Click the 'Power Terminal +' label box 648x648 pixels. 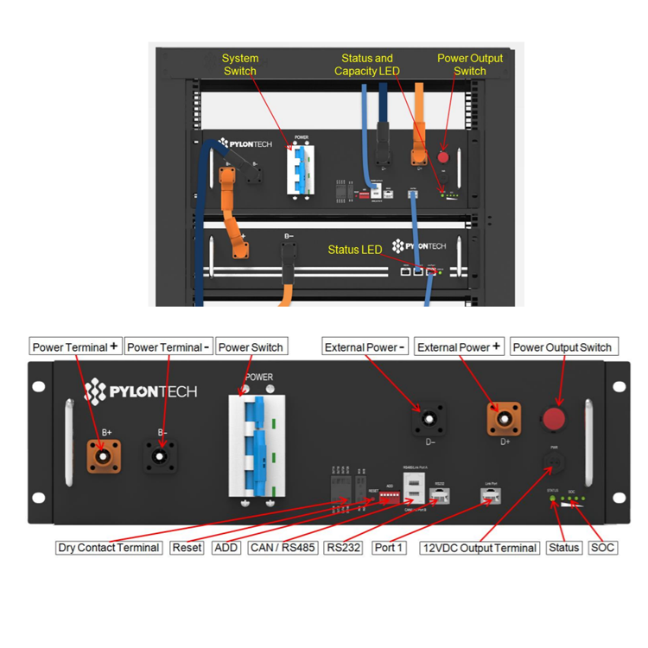75,347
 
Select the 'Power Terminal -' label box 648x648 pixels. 167,347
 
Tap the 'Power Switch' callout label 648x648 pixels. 250,347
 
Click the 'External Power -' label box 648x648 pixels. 365,347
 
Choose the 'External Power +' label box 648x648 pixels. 459,347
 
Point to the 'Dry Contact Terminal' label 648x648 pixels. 109,548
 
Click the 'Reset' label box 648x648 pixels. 187,548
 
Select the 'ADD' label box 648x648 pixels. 226,548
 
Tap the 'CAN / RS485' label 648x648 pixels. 283,548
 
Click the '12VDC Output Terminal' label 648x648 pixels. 480,548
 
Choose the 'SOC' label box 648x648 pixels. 602,548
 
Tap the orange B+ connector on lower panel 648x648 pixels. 103,454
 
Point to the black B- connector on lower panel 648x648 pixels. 159,454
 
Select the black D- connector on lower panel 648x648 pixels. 429,421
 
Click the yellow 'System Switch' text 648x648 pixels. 240,65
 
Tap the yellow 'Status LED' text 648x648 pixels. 354,250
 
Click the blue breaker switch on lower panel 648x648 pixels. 257,441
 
